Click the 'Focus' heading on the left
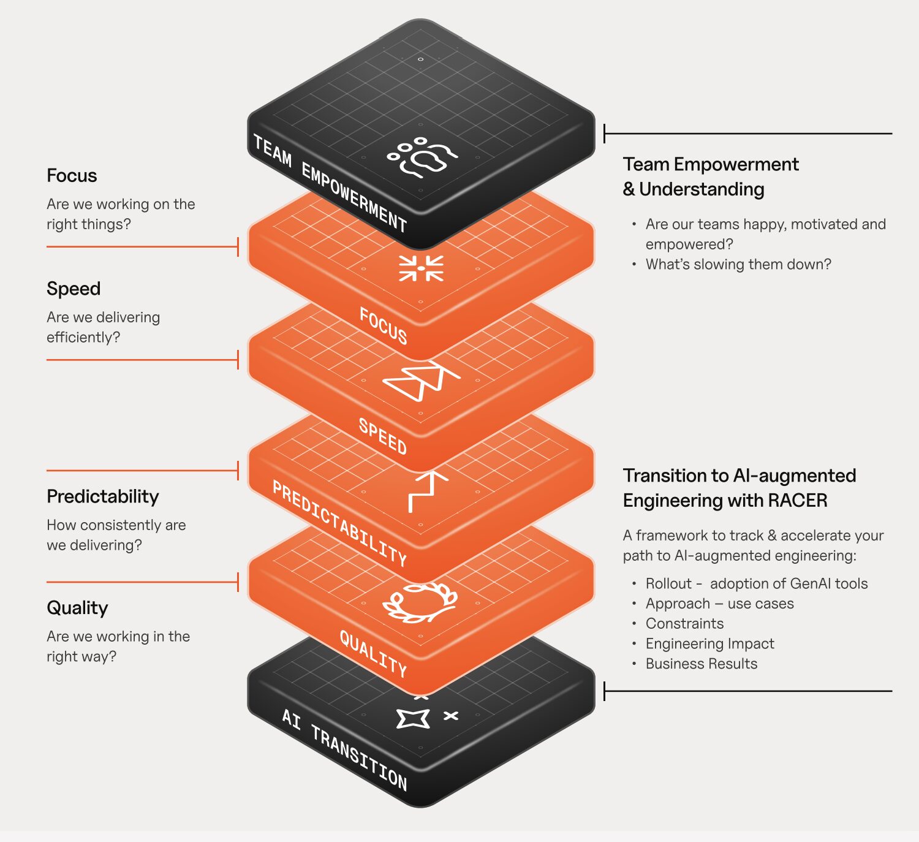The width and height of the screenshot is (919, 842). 72,176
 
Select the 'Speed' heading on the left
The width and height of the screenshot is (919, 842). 74,289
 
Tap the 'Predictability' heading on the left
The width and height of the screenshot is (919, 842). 103,496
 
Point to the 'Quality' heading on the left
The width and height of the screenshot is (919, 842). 77,608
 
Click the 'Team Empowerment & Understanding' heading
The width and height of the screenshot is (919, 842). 710,176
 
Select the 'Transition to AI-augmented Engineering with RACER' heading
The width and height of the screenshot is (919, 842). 739,488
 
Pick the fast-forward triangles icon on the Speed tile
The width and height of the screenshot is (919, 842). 421,380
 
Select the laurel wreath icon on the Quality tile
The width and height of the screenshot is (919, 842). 420,602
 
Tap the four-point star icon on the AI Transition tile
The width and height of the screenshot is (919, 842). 413,718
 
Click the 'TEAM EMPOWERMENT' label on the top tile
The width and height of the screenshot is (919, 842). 330,183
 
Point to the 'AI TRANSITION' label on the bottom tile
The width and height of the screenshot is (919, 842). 344,749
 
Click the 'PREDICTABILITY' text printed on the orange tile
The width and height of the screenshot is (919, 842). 339,523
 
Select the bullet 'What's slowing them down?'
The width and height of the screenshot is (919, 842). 738,264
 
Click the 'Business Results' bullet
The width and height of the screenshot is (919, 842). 701,664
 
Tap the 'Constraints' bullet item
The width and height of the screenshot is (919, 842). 684,623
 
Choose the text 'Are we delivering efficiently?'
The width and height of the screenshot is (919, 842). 103,327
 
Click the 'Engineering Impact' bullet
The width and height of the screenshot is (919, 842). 709,643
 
